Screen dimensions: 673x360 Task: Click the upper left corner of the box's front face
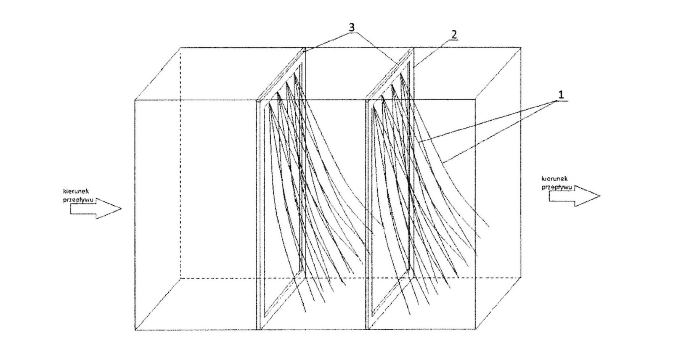pos(135,100)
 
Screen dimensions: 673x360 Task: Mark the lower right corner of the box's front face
pos(475,329)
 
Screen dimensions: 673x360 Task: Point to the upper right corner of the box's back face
pos(521,48)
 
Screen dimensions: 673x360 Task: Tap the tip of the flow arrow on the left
pos(122,208)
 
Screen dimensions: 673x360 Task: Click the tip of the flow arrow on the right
pos(600,196)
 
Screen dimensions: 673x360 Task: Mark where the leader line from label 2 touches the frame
pos(414,68)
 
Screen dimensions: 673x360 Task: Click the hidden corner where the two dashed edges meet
pos(180,278)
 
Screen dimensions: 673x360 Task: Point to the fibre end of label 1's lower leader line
pos(444,163)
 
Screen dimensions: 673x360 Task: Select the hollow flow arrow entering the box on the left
pos(96,208)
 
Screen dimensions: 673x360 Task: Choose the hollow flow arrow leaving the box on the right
pos(575,196)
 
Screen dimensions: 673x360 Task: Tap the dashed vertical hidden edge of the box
pos(180,163)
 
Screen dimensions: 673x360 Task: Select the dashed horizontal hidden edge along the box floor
pos(350,278)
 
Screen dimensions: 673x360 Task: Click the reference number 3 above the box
pos(352,27)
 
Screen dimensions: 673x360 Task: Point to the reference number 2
pos(454,34)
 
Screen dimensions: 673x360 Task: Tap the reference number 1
pos(561,95)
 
